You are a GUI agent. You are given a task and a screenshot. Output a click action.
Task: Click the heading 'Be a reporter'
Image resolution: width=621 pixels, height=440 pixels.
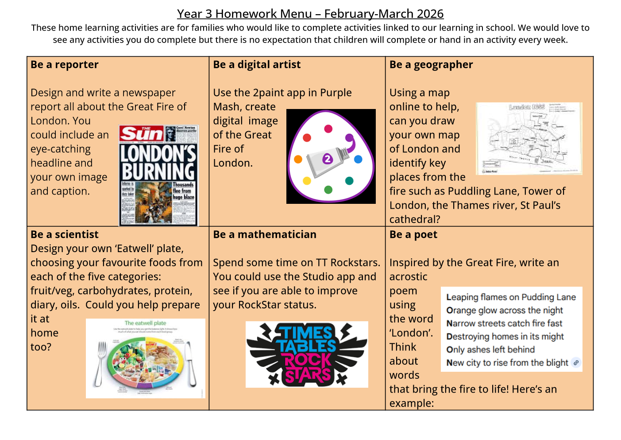[x=65, y=65]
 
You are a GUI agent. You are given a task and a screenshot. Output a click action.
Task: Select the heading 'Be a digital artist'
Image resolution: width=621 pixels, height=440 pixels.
[x=257, y=65]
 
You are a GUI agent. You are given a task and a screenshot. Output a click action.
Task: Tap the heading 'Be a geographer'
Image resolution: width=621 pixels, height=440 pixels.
[x=431, y=65]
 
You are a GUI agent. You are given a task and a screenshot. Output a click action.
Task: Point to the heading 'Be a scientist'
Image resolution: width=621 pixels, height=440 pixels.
[x=65, y=234]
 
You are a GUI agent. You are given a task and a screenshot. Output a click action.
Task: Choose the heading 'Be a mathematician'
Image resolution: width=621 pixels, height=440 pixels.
[x=265, y=234]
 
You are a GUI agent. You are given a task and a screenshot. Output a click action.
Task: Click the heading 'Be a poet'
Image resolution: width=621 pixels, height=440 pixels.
[x=413, y=234]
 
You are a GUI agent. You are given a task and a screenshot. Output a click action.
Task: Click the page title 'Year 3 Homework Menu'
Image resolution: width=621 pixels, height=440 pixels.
[x=310, y=14]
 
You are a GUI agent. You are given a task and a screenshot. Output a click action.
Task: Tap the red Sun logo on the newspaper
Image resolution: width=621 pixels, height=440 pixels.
[x=141, y=133]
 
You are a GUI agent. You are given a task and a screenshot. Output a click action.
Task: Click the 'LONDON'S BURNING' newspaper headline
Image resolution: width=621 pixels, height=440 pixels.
[x=158, y=163]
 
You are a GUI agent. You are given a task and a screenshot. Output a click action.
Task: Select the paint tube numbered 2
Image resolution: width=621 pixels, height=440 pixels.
[x=328, y=160]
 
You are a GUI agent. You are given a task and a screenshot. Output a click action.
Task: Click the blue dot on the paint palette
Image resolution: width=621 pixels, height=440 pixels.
[x=358, y=159]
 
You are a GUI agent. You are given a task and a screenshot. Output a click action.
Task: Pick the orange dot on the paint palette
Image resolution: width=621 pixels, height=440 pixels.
[x=298, y=159]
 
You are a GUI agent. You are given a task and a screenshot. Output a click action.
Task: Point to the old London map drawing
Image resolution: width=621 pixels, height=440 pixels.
[x=529, y=138]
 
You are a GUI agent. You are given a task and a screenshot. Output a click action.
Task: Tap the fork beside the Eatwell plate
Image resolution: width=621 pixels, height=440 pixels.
[x=101, y=363]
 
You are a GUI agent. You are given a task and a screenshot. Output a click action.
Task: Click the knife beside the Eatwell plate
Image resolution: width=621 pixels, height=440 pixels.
[x=190, y=363]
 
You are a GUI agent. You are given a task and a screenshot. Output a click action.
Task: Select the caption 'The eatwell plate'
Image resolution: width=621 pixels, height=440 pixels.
[x=145, y=323]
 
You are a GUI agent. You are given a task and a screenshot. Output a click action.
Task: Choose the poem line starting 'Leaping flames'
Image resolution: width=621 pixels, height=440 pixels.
[x=511, y=297]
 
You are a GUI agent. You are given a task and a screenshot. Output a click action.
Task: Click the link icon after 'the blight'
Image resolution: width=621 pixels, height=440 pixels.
[x=576, y=362]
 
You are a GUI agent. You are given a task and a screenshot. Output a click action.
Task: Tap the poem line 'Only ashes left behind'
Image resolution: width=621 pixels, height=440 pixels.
[x=490, y=350]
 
